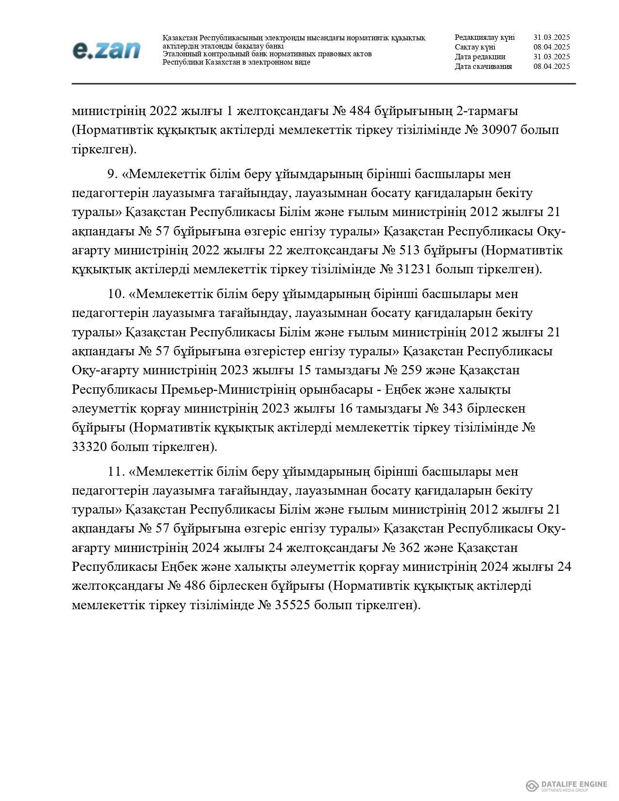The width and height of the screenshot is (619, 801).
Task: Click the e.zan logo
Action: (106, 50)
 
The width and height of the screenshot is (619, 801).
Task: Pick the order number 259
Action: (410, 370)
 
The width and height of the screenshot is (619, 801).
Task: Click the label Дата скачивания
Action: (483, 67)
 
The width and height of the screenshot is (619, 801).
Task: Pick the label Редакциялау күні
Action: (485, 37)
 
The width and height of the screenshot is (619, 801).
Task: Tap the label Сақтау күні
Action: (475, 47)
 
